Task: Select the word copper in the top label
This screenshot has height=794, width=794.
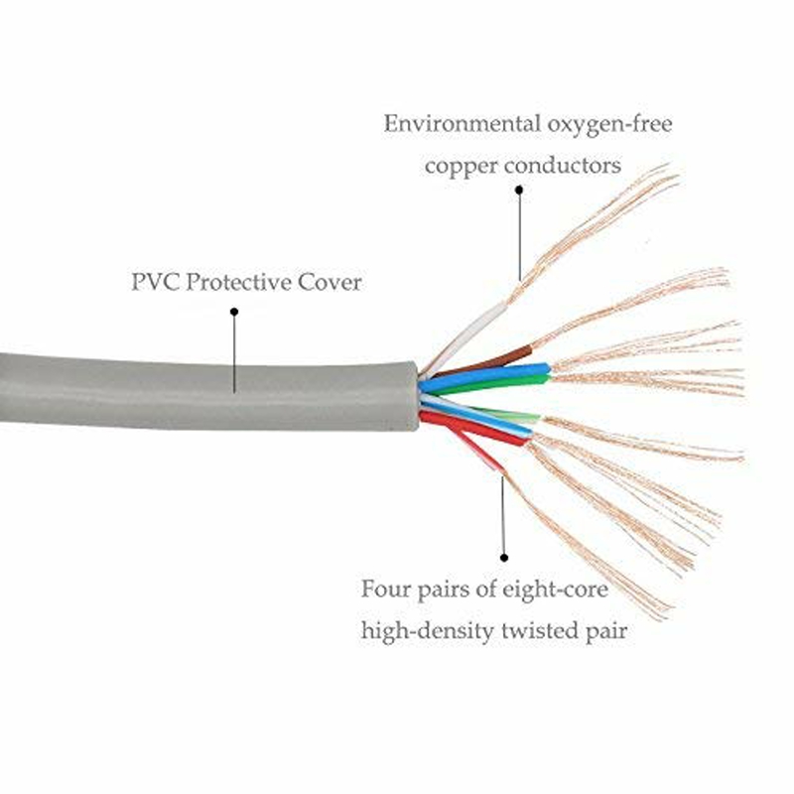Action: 460,165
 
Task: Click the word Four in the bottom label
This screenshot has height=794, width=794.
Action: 385,589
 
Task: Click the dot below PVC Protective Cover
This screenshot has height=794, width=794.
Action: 235,312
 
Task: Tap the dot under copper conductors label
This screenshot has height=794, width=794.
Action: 519,196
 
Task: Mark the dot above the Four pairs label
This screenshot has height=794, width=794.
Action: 504,559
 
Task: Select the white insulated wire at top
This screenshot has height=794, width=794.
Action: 466,332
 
